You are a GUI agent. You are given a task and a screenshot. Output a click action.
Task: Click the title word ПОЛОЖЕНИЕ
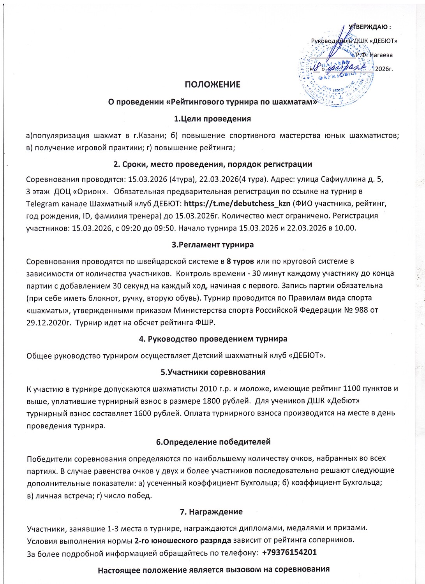212,84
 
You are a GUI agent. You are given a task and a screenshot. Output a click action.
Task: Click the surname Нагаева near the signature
381,55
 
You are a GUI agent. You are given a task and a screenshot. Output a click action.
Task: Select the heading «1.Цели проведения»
212,118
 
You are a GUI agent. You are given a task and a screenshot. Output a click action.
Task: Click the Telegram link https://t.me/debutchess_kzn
237,203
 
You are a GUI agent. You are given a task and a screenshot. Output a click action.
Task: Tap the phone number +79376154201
289,552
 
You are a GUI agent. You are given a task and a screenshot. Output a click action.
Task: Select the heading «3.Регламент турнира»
212,245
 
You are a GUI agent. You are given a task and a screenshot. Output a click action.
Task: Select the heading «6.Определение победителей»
213,442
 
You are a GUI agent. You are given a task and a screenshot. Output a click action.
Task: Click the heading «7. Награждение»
212,512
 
